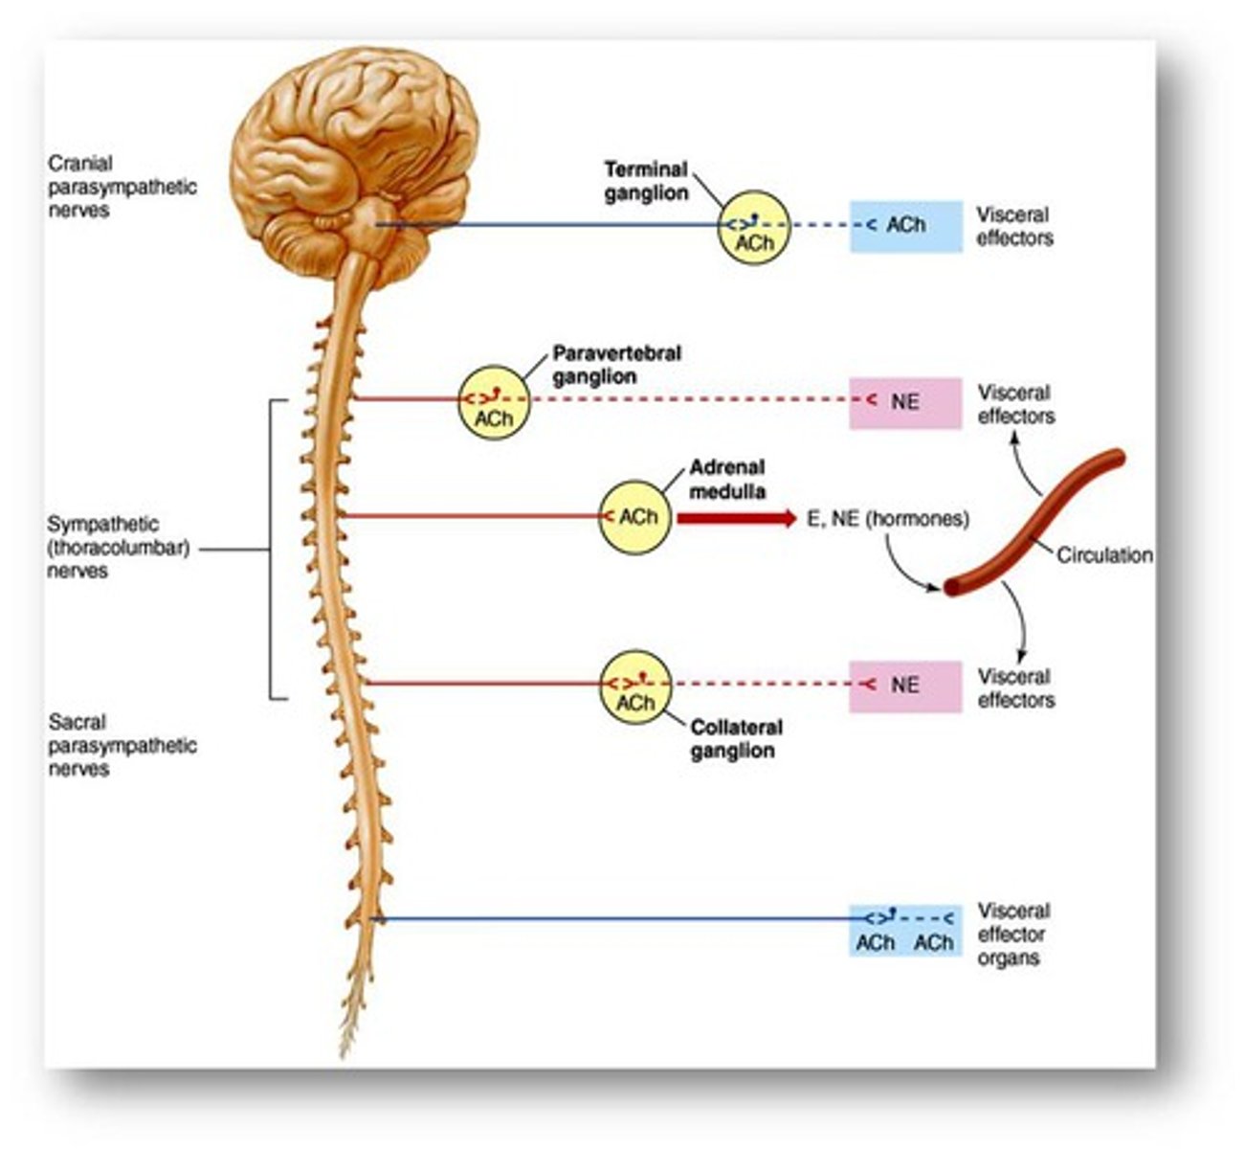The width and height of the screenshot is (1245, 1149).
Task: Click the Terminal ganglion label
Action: click(646, 181)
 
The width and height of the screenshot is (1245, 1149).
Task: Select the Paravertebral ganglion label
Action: click(616, 365)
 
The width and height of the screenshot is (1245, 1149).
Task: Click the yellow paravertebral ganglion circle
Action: click(493, 402)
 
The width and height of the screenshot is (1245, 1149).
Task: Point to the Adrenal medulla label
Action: click(727, 480)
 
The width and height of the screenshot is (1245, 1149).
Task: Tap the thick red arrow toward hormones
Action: click(735, 519)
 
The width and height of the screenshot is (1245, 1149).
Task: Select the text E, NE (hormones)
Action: click(888, 519)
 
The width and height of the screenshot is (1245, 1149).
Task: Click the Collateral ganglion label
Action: click(735, 738)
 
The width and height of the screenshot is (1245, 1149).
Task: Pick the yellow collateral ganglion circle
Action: click(635, 686)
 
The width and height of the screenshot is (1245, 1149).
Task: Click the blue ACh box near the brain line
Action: click(905, 226)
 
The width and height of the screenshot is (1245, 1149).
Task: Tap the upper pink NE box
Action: click(905, 402)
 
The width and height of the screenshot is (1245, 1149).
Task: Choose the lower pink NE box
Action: click(905, 686)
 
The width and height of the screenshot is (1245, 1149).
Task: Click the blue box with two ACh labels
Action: click(905, 931)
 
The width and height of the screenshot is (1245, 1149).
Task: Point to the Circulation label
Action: click(1103, 554)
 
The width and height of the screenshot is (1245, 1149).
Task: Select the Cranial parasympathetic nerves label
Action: click(122, 187)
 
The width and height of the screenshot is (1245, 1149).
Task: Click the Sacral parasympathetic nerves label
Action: click(122, 745)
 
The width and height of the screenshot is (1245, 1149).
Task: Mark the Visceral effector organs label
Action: click(1013, 934)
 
